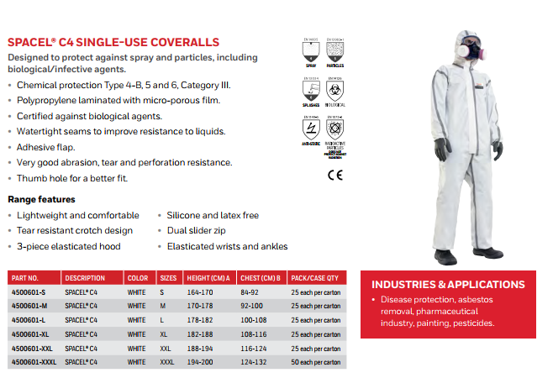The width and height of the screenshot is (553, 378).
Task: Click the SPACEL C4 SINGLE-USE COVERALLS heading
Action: (x=113, y=42)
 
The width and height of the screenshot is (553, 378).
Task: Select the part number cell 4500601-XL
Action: (x=31, y=333)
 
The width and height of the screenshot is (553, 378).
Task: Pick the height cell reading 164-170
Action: (x=200, y=292)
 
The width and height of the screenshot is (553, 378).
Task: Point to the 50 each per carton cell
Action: (x=315, y=362)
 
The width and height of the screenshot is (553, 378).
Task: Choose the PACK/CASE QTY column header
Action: (x=314, y=278)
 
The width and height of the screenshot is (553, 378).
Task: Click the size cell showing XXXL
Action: (x=166, y=362)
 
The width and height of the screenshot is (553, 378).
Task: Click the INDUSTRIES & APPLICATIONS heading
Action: (x=448, y=285)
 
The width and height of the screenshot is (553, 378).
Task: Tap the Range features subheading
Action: (x=41, y=199)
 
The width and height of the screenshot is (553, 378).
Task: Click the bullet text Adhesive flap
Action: (x=45, y=147)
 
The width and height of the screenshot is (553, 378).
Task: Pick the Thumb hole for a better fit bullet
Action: (x=71, y=178)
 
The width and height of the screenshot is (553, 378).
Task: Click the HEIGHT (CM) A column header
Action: (x=208, y=278)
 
